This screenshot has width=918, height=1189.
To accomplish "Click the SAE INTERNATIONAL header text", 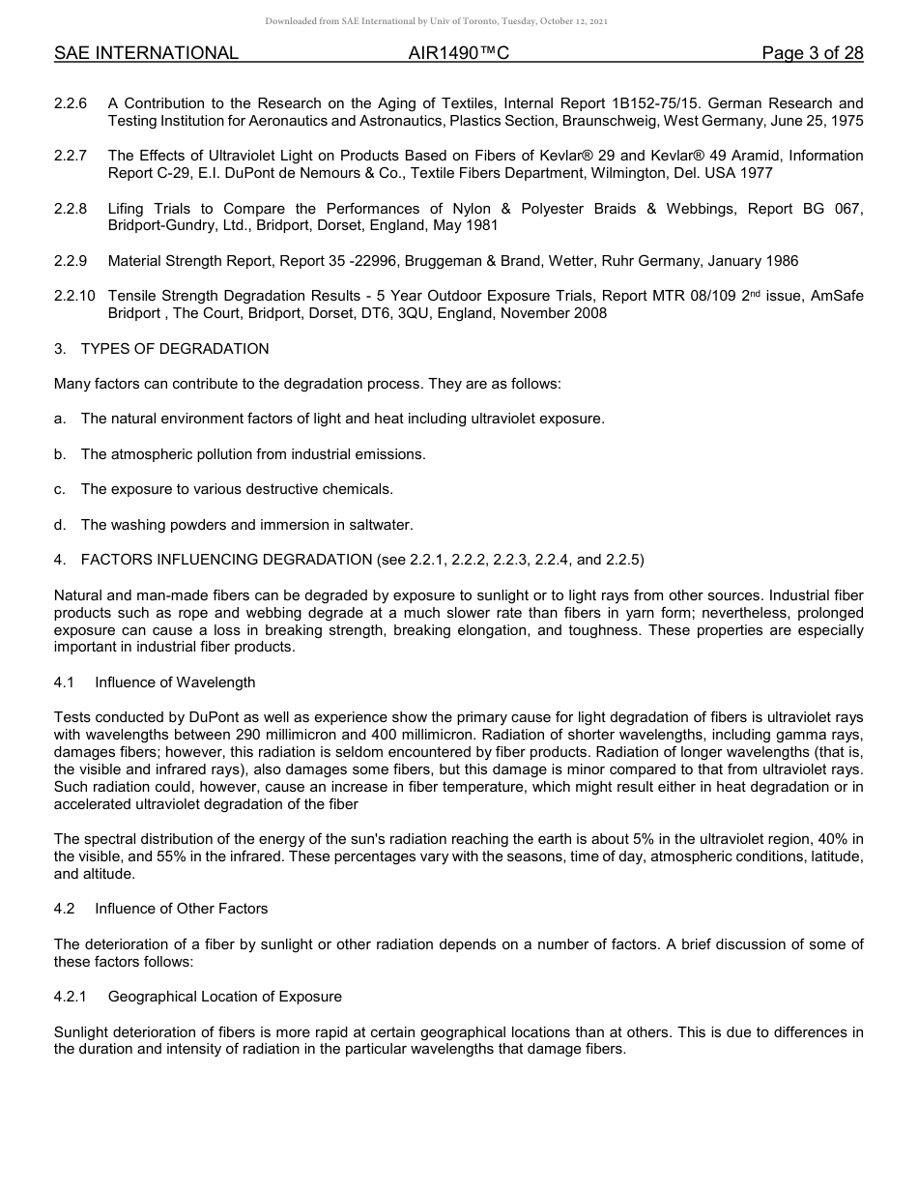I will coord(146,53).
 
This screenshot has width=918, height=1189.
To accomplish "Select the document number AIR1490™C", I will coord(459,53).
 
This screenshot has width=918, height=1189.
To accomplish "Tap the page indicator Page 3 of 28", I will coord(812,53).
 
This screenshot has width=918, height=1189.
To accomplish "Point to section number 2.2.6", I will coord(71,103).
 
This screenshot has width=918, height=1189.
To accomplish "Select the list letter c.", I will coord(60,489).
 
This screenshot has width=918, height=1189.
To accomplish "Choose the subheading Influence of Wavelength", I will coord(175,682).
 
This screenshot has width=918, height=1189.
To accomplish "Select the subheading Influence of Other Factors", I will coord(181,909).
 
